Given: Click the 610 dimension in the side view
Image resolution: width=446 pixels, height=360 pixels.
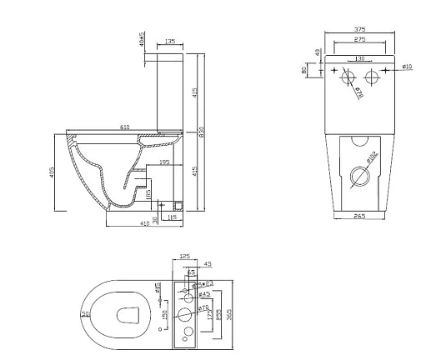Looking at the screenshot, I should pos(124,127).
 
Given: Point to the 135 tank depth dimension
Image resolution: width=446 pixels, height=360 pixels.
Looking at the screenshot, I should pos(170,40).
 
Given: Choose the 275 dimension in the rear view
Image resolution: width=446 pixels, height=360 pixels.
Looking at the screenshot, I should pos(360,39).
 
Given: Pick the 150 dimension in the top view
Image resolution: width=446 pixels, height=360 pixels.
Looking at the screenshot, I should pos(165,313).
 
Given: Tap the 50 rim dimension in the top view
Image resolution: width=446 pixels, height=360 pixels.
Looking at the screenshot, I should pos(85,313).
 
